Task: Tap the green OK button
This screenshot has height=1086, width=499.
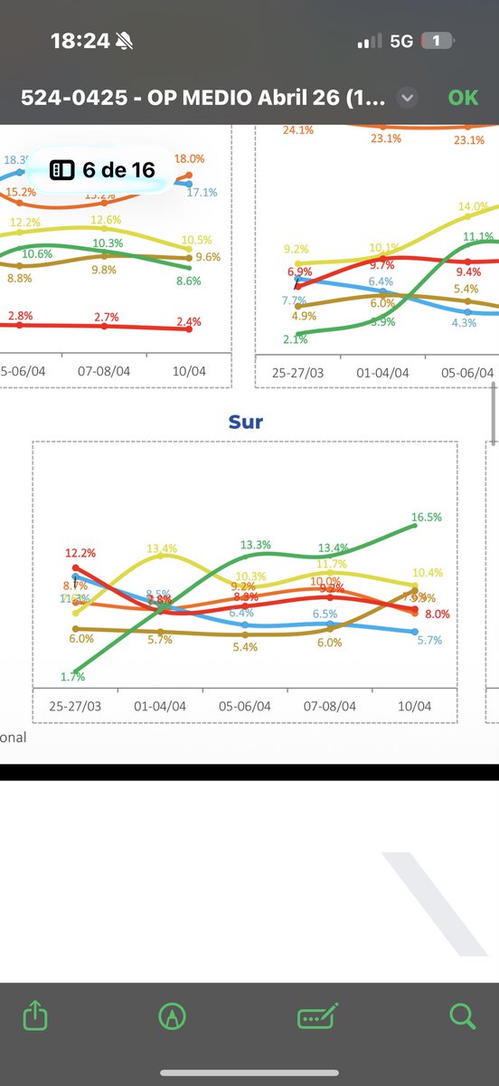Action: pyautogui.click(x=463, y=97)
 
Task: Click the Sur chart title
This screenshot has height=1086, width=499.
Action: pyautogui.click(x=246, y=422)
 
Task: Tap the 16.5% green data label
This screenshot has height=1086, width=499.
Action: pyautogui.click(x=426, y=517)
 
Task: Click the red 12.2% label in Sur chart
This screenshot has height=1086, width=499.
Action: pyautogui.click(x=80, y=553)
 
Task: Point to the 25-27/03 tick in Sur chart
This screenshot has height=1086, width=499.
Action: pyautogui.click(x=76, y=705)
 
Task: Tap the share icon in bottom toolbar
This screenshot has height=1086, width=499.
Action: pyautogui.click(x=35, y=1015)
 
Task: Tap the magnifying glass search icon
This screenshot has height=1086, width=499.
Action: pyautogui.click(x=462, y=1015)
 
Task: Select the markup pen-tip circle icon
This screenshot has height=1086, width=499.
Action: pyautogui.click(x=169, y=1015)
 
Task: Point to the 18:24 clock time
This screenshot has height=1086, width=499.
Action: pyautogui.click(x=80, y=41)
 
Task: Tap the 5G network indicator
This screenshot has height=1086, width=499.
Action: pyautogui.click(x=401, y=41)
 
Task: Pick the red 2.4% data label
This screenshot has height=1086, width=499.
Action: pyautogui.click(x=189, y=321)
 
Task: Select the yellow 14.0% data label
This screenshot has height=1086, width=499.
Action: pyautogui.click(x=473, y=207)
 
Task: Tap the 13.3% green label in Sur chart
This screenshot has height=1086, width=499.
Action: pyautogui.click(x=256, y=545)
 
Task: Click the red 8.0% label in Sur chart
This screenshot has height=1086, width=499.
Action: pyautogui.click(x=438, y=614)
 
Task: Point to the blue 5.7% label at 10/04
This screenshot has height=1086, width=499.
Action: pyautogui.click(x=428, y=640)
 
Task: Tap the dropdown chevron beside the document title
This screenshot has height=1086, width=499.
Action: pyautogui.click(x=408, y=97)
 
